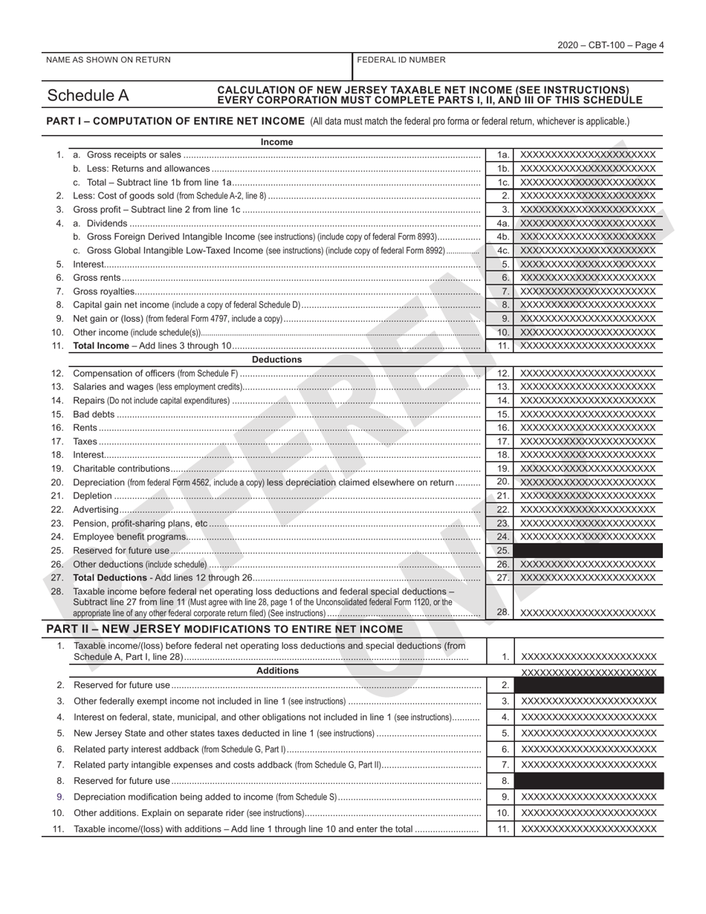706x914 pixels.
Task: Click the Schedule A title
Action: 88,95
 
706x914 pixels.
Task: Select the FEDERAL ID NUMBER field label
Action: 401,60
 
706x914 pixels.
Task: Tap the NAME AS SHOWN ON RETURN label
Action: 108,60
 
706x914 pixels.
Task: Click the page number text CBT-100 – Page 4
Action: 611,45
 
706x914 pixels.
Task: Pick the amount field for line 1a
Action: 588,155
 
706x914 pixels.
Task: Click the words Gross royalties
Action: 104,291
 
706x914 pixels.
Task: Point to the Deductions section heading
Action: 276,360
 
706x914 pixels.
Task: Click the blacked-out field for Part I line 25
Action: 588,551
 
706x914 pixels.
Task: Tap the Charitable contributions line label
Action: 121,469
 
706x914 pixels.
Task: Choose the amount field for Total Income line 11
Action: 588,346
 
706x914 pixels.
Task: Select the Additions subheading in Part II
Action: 276,671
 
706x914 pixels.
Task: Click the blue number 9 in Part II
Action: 60,797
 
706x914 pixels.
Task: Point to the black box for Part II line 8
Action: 588,781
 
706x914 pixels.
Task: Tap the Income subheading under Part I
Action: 276,142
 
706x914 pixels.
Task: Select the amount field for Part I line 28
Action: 588,613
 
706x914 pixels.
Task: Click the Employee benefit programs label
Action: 129,537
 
